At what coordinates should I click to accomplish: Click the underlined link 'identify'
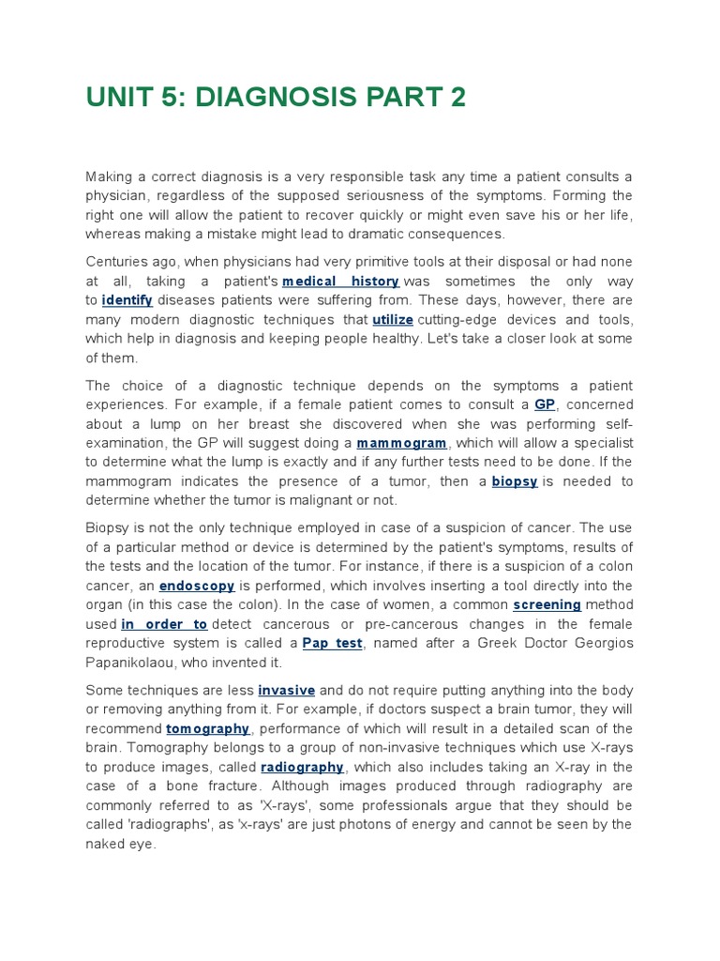[127, 300]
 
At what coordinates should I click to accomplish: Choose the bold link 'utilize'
[393, 320]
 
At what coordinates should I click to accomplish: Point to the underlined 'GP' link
[545, 404]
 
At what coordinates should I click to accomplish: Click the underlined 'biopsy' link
[515, 481]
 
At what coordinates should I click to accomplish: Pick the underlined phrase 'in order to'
[164, 624]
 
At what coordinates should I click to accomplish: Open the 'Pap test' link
[332, 643]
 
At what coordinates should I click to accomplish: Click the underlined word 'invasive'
[287, 691]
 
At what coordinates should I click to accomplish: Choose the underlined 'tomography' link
[208, 729]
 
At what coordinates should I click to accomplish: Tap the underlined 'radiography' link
[302, 768]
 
